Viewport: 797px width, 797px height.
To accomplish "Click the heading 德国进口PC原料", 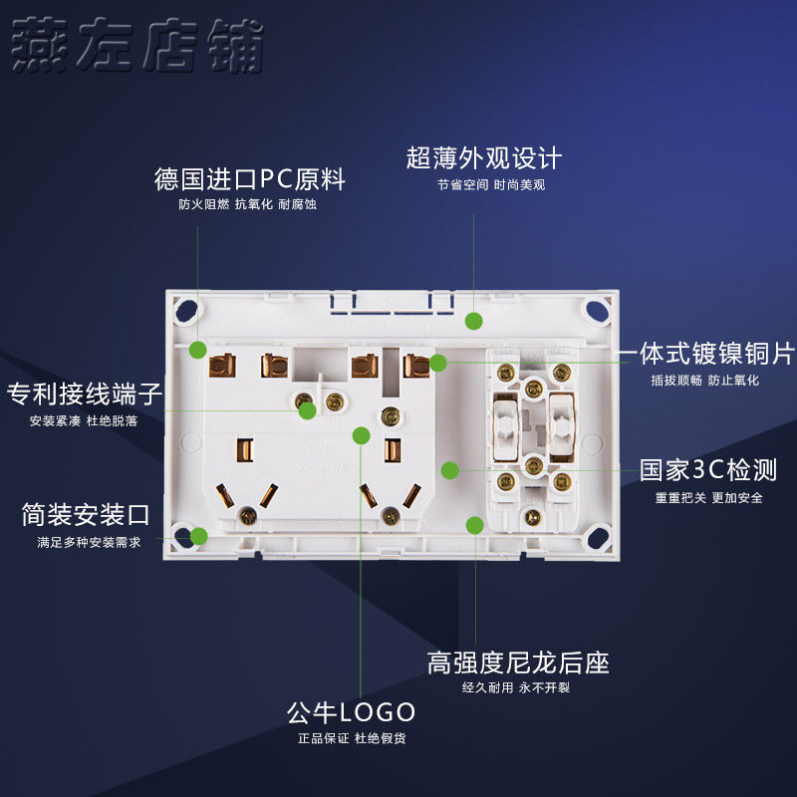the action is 249,180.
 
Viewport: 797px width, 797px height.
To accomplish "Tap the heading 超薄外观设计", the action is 484,158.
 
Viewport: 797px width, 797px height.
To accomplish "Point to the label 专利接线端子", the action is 85,394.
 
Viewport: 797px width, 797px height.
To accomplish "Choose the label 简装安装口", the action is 86,515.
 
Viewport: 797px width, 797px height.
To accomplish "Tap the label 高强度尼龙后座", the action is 518,663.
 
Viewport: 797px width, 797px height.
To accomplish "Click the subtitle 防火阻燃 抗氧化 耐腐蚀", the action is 249,205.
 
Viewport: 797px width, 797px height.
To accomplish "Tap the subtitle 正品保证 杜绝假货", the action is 351,738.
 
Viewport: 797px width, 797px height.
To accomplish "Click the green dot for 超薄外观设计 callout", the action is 474,321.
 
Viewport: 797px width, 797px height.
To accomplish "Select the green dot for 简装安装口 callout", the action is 198,536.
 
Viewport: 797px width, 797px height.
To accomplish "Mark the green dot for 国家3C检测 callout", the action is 450,469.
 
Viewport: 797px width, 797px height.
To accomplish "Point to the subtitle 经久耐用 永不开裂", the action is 516,687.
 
